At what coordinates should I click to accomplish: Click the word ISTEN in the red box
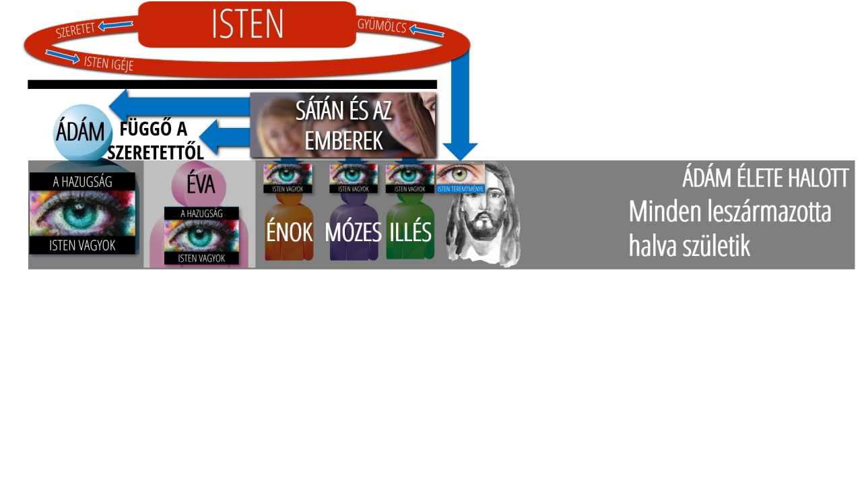click(x=247, y=24)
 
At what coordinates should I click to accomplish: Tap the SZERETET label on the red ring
click(x=75, y=30)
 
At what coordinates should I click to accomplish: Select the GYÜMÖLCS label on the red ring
click(x=382, y=26)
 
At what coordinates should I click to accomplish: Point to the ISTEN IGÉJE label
click(x=108, y=63)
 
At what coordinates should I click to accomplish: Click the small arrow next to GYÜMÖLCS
click(x=426, y=30)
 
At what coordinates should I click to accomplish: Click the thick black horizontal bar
click(x=232, y=84)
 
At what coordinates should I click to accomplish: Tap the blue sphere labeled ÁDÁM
click(x=82, y=132)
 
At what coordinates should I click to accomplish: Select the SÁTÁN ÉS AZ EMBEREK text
click(x=343, y=125)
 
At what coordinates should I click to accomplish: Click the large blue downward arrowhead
click(x=460, y=152)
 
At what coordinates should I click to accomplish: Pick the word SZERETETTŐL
click(x=156, y=153)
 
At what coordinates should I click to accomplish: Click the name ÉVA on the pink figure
click(x=201, y=185)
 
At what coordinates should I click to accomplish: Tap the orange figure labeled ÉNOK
click(x=289, y=227)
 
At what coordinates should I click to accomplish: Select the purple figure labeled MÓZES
click(x=354, y=227)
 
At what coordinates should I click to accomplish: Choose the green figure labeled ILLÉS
click(x=410, y=226)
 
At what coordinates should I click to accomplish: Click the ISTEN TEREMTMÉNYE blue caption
click(x=460, y=189)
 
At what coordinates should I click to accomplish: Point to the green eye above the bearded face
click(x=460, y=174)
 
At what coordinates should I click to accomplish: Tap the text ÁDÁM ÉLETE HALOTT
click(x=766, y=178)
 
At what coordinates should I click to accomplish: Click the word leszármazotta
click(x=766, y=212)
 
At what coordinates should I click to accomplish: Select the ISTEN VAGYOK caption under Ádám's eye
click(x=82, y=246)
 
